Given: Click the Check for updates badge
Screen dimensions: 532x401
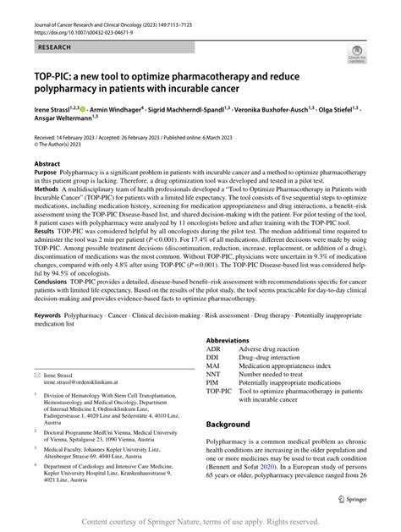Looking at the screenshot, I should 357,56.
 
